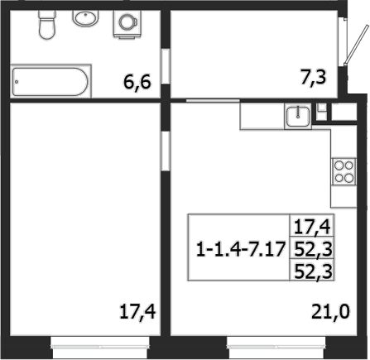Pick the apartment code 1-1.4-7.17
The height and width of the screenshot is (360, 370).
[x=238, y=247]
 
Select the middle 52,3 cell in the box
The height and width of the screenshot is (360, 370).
[x=308, y=247]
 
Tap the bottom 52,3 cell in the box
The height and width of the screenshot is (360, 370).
[x=308, y=270]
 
